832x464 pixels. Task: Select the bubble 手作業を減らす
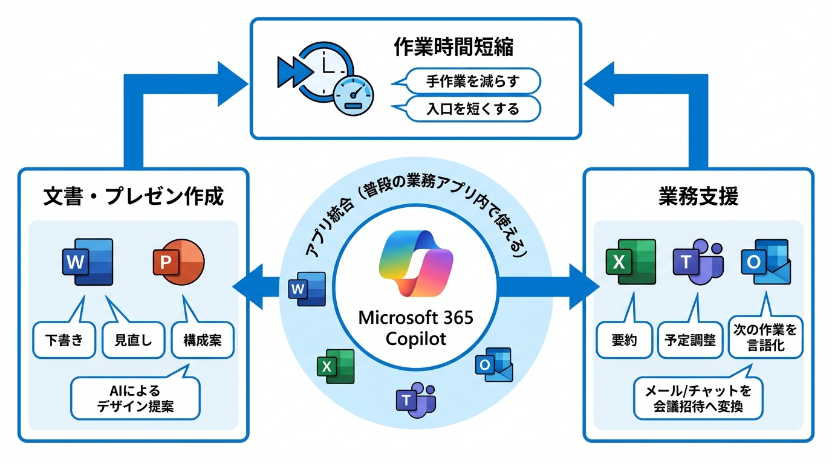(472, 80)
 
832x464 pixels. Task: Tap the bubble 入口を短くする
(472, 109)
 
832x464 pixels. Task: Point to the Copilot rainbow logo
(415, 263)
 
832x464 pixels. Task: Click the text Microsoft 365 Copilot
(415, 327)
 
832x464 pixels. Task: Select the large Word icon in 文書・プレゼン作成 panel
(88, 262)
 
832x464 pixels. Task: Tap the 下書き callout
(63, 340)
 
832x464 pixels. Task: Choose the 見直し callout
(134, 340)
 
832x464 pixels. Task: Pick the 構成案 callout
(203, 340)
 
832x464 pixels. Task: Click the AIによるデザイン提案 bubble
(135, 398)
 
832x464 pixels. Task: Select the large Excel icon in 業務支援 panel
(631, 262)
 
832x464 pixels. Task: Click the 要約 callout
(620, 340)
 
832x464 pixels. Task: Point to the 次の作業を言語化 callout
(765, 338)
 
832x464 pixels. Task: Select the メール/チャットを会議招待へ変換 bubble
(698, 398)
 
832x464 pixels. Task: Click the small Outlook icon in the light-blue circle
(493, 364)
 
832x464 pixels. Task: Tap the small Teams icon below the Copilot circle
(415, 400)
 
